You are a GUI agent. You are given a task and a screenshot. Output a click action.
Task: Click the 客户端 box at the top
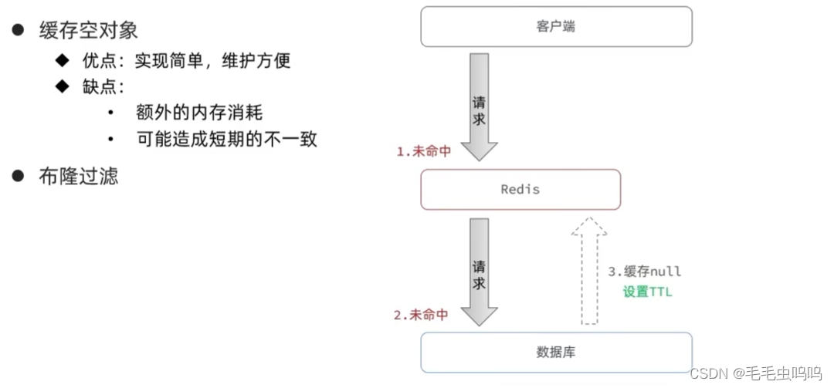tap(556, 27)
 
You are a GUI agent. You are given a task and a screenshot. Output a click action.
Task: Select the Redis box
tap(520, 190)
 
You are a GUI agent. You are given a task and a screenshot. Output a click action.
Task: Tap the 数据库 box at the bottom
tap(556, 353)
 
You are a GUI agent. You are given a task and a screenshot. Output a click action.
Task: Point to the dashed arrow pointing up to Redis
tap(589, 270)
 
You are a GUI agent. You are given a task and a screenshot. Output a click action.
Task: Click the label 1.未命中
tap(423, 152)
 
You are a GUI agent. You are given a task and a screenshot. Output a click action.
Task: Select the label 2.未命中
tap(421, 315)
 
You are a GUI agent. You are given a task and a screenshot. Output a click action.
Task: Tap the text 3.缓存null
tap(645, 272)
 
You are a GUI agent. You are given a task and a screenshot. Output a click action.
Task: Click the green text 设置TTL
tap(646, 292)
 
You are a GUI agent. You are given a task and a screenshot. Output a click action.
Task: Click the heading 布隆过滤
tap(79, 176)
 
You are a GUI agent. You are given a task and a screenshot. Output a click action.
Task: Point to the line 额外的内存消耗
tap(199, 113)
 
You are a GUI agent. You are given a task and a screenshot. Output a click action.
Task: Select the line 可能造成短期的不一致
tap(226, 140)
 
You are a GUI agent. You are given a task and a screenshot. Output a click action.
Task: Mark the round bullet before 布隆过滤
tap(18, 176)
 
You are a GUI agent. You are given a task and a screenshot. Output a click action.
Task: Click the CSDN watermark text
tap(754, 373)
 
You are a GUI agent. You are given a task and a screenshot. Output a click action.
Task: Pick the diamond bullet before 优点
tap(63, 60)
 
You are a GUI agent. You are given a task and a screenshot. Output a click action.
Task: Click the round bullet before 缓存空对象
tap(18, 30)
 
